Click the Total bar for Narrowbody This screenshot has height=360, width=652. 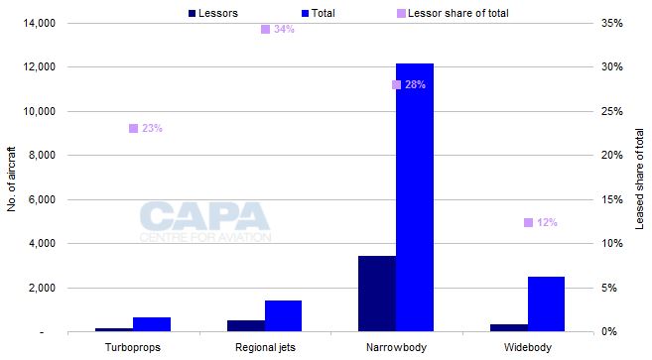(x=415, y=197)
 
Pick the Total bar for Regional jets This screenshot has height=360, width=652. (x=283, y=315)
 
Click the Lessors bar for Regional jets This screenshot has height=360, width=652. (x=245, y=325)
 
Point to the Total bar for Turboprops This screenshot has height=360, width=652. (x=152, y=323)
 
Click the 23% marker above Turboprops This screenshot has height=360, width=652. (x=133, y=128)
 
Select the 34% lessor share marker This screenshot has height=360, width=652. (x=265, y=29)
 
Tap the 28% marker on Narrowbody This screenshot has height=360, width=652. (x=397, y=85)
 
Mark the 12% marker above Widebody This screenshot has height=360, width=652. (x=528, y=222)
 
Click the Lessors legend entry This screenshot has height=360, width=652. (x=220, y=13)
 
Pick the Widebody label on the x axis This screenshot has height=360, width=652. (x=527, y=347)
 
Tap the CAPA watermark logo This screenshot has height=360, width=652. (x=204, y=221)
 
